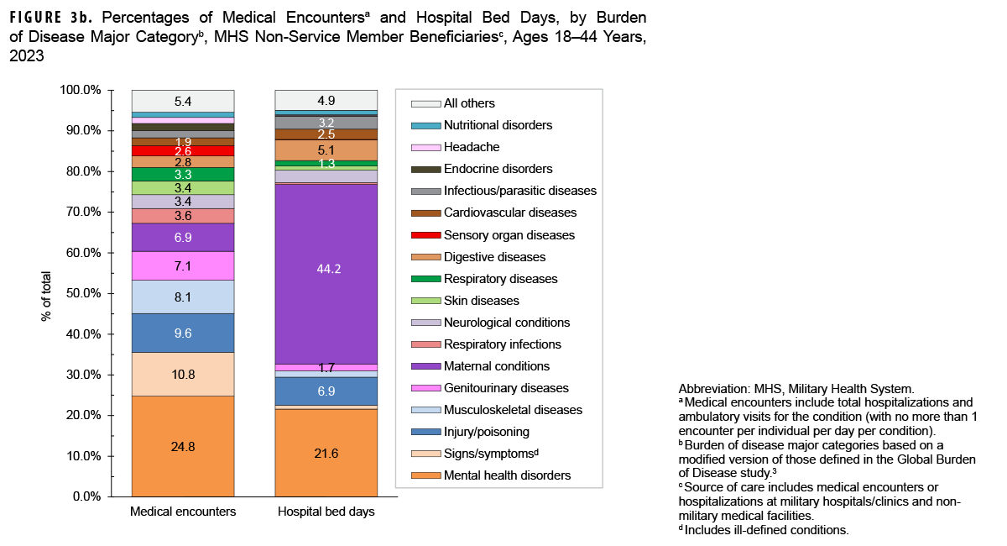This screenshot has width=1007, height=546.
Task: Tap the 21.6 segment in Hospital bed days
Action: [326, 452]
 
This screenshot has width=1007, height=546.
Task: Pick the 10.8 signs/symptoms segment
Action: [183, 374]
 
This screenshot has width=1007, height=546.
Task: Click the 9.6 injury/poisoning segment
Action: [183, 333]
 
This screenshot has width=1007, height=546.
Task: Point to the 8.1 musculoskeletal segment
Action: [183, 297]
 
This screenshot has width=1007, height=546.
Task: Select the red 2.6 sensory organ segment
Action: [183, 151]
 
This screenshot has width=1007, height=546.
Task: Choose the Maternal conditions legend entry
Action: [497, 366]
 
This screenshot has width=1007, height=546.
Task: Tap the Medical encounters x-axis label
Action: [183, 512]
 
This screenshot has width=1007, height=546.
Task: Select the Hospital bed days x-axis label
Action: [326, 512]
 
